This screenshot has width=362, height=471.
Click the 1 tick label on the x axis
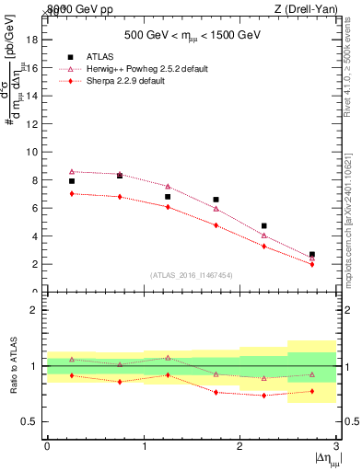click(x=144, y=445)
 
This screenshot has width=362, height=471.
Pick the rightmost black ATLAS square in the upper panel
click(x=312, y=254)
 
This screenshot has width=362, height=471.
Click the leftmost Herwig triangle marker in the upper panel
click(x=72, y=171)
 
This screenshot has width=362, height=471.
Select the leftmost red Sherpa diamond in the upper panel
click(x=72, y=193)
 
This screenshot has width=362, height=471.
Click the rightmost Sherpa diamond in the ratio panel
click(x=312, y=391)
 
